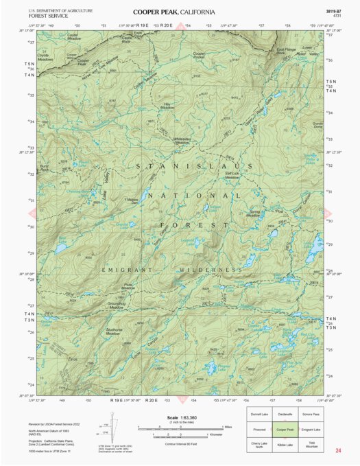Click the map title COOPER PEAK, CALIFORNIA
(173, 12)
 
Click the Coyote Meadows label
(45, 58)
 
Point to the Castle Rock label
(125, 40)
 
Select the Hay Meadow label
(167, 106)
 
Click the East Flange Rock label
(286, 51)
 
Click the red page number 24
(338, 450)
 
